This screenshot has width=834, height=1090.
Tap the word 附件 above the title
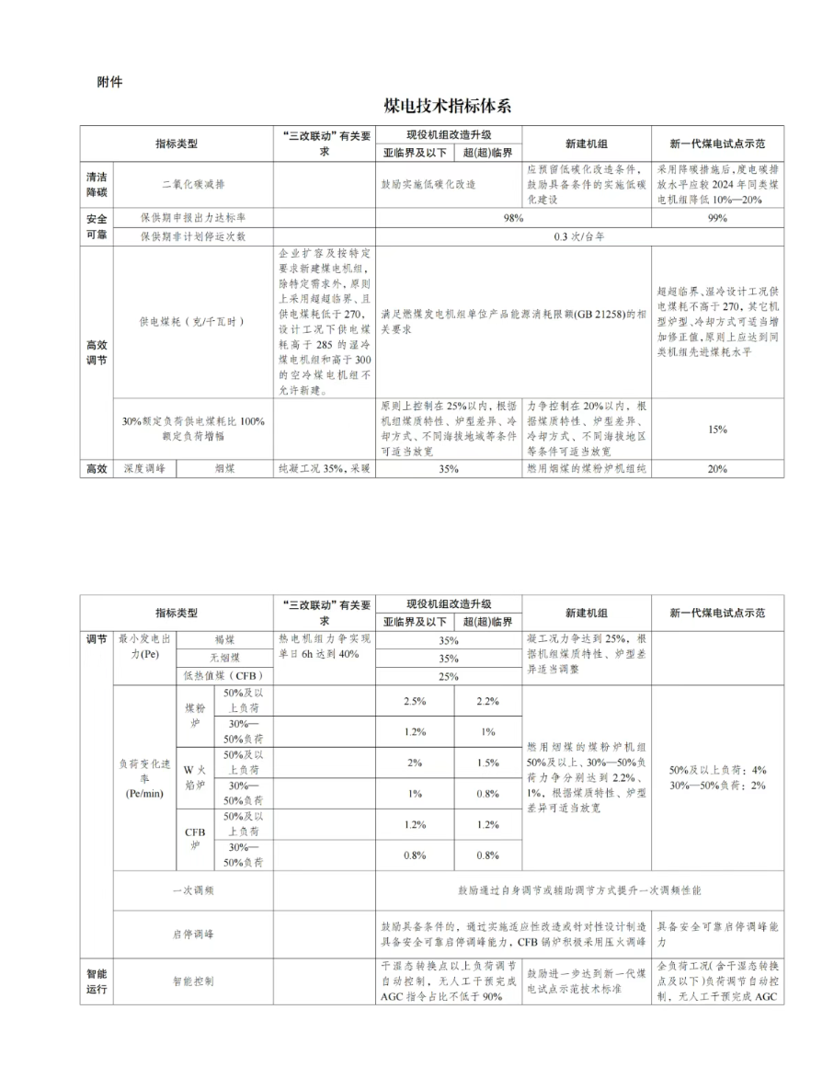[109, 82]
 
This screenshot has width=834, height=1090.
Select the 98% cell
[513, 218]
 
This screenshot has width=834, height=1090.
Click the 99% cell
[717, 218]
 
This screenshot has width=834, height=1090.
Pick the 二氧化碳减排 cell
[193, 183]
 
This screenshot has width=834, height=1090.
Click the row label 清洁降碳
[97, 183]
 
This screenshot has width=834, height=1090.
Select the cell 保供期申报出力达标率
[193, 218]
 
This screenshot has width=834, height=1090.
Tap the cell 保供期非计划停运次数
[193, 236]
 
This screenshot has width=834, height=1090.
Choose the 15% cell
[717, 429]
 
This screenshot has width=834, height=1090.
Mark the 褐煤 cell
[224, 639]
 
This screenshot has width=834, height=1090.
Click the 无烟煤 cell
[224, 658]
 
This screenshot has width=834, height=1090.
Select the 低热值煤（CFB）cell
[224, 676]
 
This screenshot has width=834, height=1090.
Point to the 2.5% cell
[415, 701]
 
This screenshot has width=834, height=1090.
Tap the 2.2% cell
[487, 701]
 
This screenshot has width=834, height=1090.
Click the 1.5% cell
[487, 763]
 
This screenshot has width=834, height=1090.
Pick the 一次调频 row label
[193, 890]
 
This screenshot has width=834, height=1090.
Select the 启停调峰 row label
[193, 934]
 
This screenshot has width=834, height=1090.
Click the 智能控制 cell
[193, 981]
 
